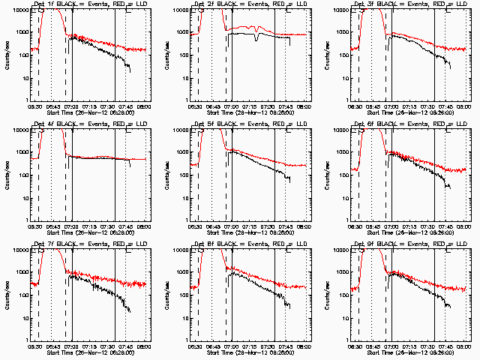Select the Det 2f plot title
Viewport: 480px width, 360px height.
(249, 4)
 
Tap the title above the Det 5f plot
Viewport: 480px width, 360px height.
(249, 124)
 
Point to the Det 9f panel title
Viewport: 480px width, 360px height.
(409, 244)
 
